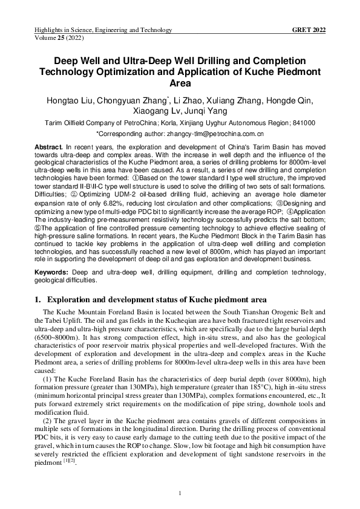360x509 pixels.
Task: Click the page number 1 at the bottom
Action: click(180, 494)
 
